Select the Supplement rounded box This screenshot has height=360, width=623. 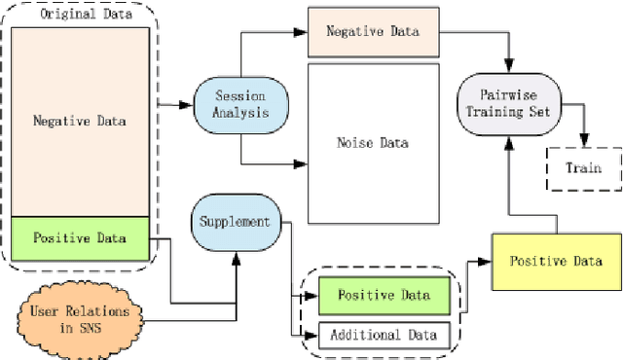click(235, 221)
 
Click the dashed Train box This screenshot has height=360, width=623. click(584, 167)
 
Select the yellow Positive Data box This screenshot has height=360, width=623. click(555, 261)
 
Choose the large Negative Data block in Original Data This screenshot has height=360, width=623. click(81, 121)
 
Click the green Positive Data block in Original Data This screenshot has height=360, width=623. click(81, 238)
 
